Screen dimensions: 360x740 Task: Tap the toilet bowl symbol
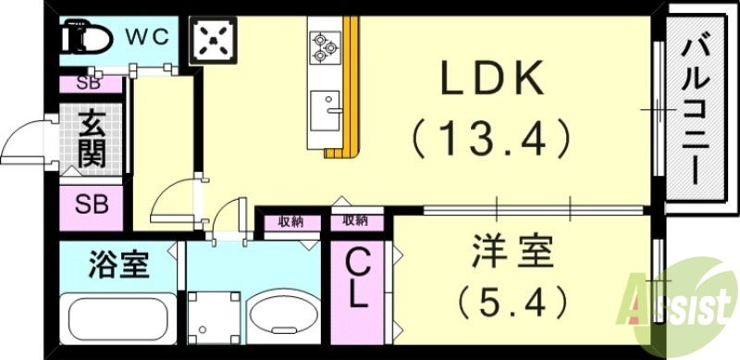tap(85, 39)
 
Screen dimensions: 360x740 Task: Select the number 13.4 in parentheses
tap(490, 140)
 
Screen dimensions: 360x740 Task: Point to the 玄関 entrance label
tap(91, 139)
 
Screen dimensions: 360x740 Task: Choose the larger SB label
tap(91, 205)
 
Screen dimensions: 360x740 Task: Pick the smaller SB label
tap(90, 83)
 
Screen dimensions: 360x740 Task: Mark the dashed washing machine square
tap(215, 315)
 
